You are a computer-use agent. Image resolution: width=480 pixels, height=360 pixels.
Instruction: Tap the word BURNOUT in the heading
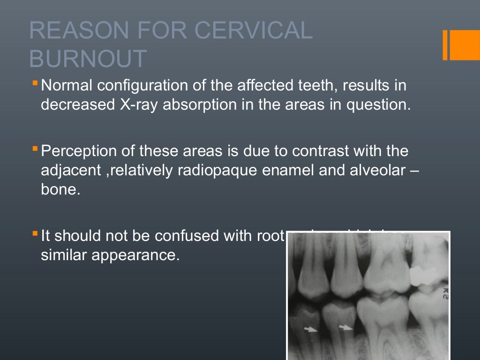[88, 59]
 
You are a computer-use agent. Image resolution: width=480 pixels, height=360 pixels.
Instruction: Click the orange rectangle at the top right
[461, 45]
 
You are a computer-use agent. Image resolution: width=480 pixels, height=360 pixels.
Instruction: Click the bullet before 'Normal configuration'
[36, 84]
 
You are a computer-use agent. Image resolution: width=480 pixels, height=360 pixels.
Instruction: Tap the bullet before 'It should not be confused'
[36, 233]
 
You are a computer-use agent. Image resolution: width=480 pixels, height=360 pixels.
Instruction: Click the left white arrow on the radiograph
[310, 330]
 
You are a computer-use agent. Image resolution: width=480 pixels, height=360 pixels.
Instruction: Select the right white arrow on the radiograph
[345, 328]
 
